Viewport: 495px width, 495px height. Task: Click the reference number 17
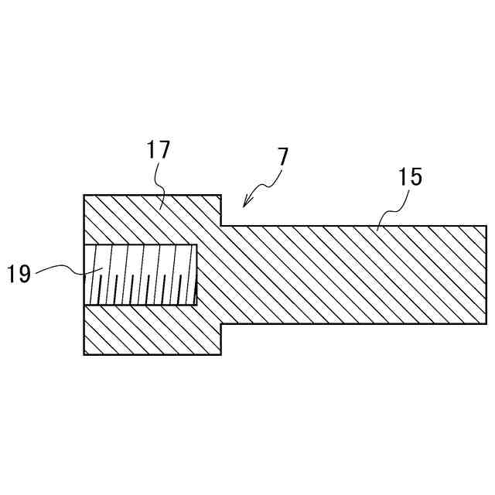point(158,150)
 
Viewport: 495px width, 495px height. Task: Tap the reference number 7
point(282,157)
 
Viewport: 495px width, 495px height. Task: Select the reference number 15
point(411,177)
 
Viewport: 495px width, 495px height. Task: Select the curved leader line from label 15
point(391,209)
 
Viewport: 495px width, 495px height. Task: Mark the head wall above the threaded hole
point(147,220)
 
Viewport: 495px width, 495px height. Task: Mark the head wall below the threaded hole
point(147,329)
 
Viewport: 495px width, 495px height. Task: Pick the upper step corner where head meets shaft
point(222,226)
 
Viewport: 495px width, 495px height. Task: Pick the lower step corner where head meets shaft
point(222,324)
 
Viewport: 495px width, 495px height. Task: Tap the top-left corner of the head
point(84,195)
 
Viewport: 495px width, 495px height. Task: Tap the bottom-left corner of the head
point(84,354)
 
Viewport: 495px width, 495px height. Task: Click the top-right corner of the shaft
point(486,226)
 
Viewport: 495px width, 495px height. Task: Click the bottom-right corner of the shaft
point(486,324)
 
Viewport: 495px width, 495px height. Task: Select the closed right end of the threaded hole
point(196,275)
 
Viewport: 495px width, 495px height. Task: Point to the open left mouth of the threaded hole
point(85,275)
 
